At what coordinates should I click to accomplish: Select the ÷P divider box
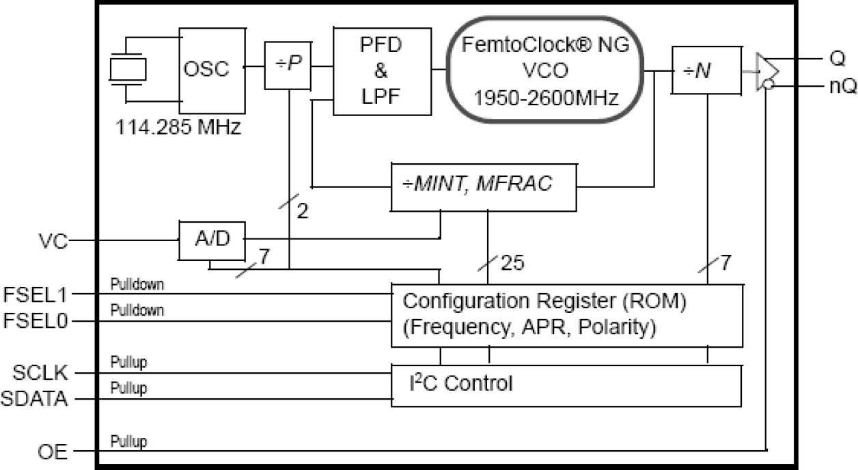pos(287,66)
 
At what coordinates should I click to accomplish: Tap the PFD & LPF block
pos(383,70)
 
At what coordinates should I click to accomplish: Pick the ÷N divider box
pos(706,70)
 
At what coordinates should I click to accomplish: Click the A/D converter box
pos(212,240)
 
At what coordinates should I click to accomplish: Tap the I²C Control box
pos(566,385)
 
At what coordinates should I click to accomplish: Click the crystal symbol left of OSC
pos(128,69)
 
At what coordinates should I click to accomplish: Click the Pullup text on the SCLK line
pos(128,362)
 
